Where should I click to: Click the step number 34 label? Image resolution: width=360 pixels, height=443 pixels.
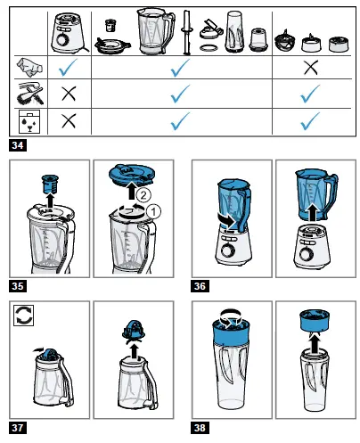[x=17, y=144]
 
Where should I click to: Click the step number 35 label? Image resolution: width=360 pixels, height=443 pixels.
[x=17, y=285]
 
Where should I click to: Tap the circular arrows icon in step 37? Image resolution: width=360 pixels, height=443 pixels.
[x=22, y=314]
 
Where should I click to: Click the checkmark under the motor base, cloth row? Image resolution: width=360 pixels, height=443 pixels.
[x=65, y=67]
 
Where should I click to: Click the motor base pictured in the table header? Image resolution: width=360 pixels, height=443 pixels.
[x=65, y=31]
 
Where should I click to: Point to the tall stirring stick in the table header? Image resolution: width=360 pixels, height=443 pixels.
[x=187, y=32]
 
